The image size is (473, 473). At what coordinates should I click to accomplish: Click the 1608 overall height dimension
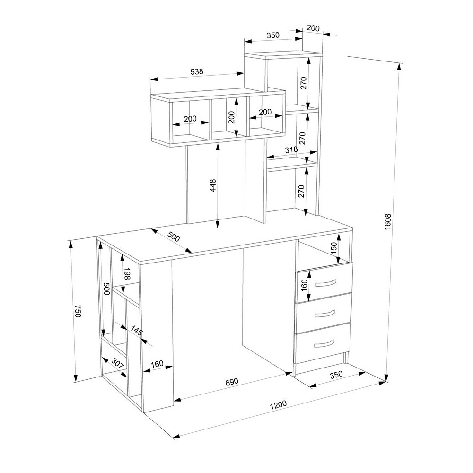[x=388, y=222]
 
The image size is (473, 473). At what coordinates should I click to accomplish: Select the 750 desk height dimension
[x=78, y=311]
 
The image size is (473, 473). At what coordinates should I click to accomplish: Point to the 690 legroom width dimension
[x=232, y=382]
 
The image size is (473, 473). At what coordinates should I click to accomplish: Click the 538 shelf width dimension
[x=197, y=72]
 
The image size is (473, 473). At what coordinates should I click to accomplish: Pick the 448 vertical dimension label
[x=213, y=185]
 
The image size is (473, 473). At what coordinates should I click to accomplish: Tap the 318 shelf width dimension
[x=291, y=149]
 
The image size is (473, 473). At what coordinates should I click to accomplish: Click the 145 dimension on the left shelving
[x=136, y=330]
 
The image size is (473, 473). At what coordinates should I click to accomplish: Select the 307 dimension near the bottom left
[x=118, y=363]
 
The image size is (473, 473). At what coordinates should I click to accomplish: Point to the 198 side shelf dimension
[x=127, y=273]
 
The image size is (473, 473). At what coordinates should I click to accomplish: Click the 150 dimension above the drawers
[x=334, y=248]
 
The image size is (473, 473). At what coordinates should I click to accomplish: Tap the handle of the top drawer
[x=325, y=283]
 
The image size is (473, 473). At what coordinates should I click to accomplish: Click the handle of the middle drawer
[x=325, y=314]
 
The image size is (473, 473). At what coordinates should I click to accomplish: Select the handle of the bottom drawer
[x=324, y=343]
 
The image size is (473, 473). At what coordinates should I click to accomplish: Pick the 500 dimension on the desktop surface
[x=174, y=237]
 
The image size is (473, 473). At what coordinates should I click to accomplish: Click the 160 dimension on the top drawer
[x=304, y=285]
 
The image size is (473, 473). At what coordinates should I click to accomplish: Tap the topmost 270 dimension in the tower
[x=304, y=83]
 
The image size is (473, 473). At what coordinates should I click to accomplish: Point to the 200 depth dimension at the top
[x=313, y=28]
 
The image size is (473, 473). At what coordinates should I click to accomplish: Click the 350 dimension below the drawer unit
[x=336, y=375]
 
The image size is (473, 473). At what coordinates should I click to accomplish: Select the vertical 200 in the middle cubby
[x=231, y=117]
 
